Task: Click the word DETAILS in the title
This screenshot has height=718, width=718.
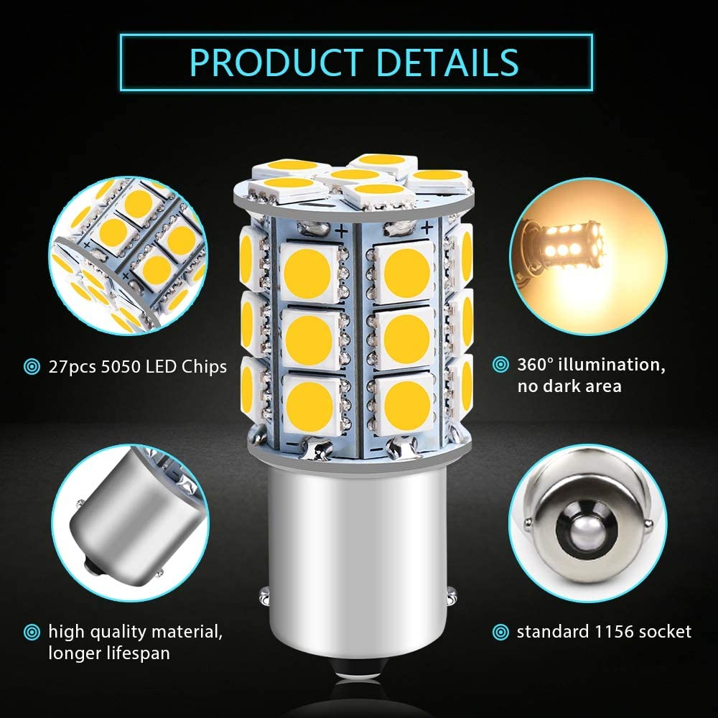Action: [x=447, y=62]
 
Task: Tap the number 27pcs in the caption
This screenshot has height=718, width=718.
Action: [x=73, y=367]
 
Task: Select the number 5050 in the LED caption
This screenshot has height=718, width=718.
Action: [x=121, y=367]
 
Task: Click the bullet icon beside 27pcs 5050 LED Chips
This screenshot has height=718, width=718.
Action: [x=32, y=367]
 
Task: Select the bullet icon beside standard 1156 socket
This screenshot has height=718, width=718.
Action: [x=500, y=633]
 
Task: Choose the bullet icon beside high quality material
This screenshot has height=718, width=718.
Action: [x=32, y=633]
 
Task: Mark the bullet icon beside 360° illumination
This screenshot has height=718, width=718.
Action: [x=500, y=365]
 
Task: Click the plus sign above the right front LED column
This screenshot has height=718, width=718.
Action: [x=426, y=227]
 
